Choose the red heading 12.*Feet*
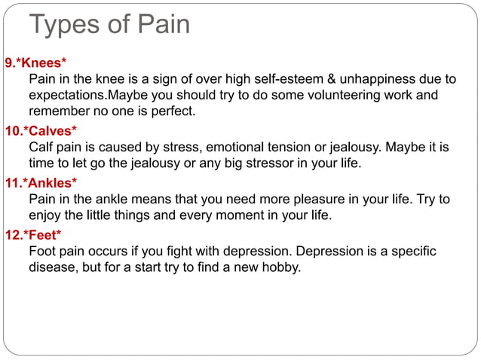[x=33, y=234]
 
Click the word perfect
[x=173, y=112]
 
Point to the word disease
[x=55, y=267]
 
